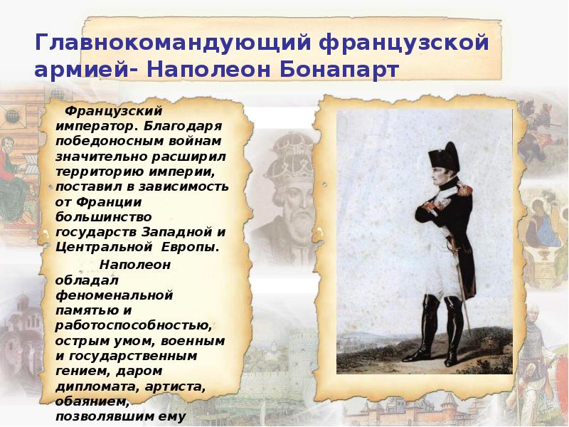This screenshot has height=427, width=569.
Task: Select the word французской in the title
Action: point(404,43)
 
